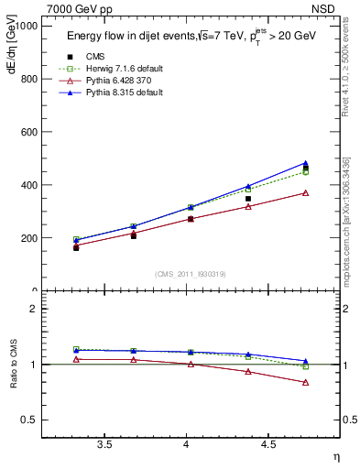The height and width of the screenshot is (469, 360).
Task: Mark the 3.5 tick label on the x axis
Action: point(104,445)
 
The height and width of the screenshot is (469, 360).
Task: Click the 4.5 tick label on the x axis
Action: point(268,445)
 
